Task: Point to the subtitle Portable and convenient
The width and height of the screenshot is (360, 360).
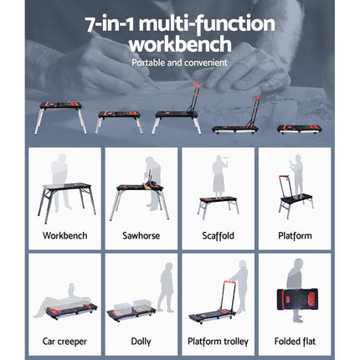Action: (179, 63)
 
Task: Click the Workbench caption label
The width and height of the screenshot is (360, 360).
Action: (64, 236)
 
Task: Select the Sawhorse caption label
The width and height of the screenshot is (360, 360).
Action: (141, 236)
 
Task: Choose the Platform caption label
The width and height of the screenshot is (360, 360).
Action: (295, 236)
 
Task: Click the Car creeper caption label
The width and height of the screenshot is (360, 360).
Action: (64, 342)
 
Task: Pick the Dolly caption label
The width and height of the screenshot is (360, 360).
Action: (141, 342)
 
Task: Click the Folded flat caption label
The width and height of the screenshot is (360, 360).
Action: (295, 342)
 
